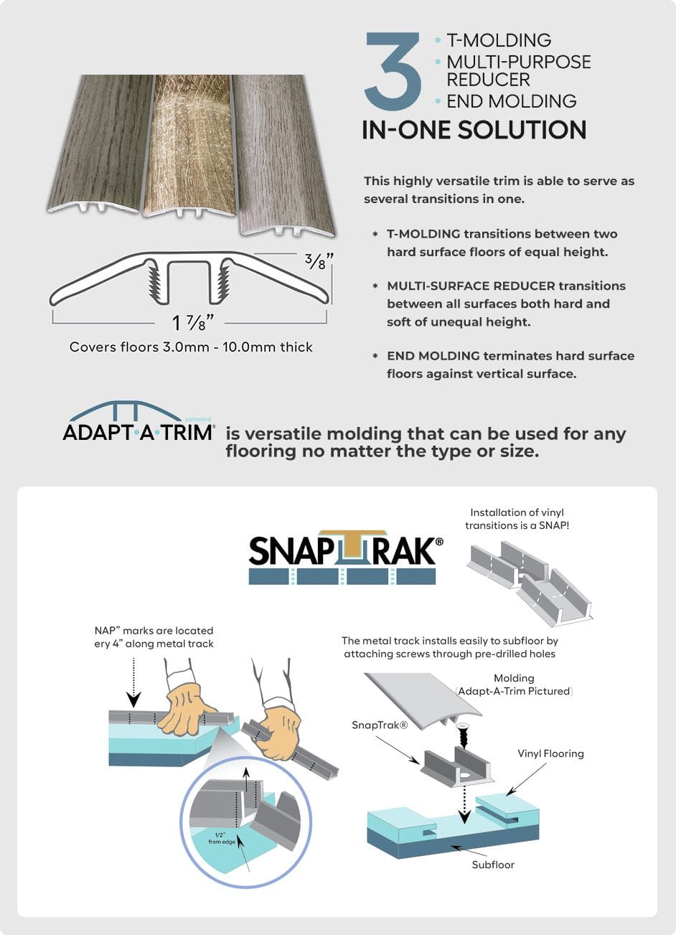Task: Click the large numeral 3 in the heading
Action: [x=394, y=70]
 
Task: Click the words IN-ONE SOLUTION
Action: [x=474, y=130]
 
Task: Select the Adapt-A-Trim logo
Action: [x=139, y=422]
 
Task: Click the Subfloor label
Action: [x=493, y=865]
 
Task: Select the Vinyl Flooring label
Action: [x=550, y=753]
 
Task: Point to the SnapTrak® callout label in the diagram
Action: [x=380, y=725]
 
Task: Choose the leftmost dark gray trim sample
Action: [x=100, y=144]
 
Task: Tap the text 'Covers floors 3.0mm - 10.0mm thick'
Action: [x=191, y=347]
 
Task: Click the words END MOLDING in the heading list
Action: [x=511, y=101]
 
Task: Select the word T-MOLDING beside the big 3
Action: [x=499, y=40]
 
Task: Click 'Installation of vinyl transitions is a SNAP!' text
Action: [x=517, y=519]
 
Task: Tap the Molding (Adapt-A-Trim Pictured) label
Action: [x=514, y=685]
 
